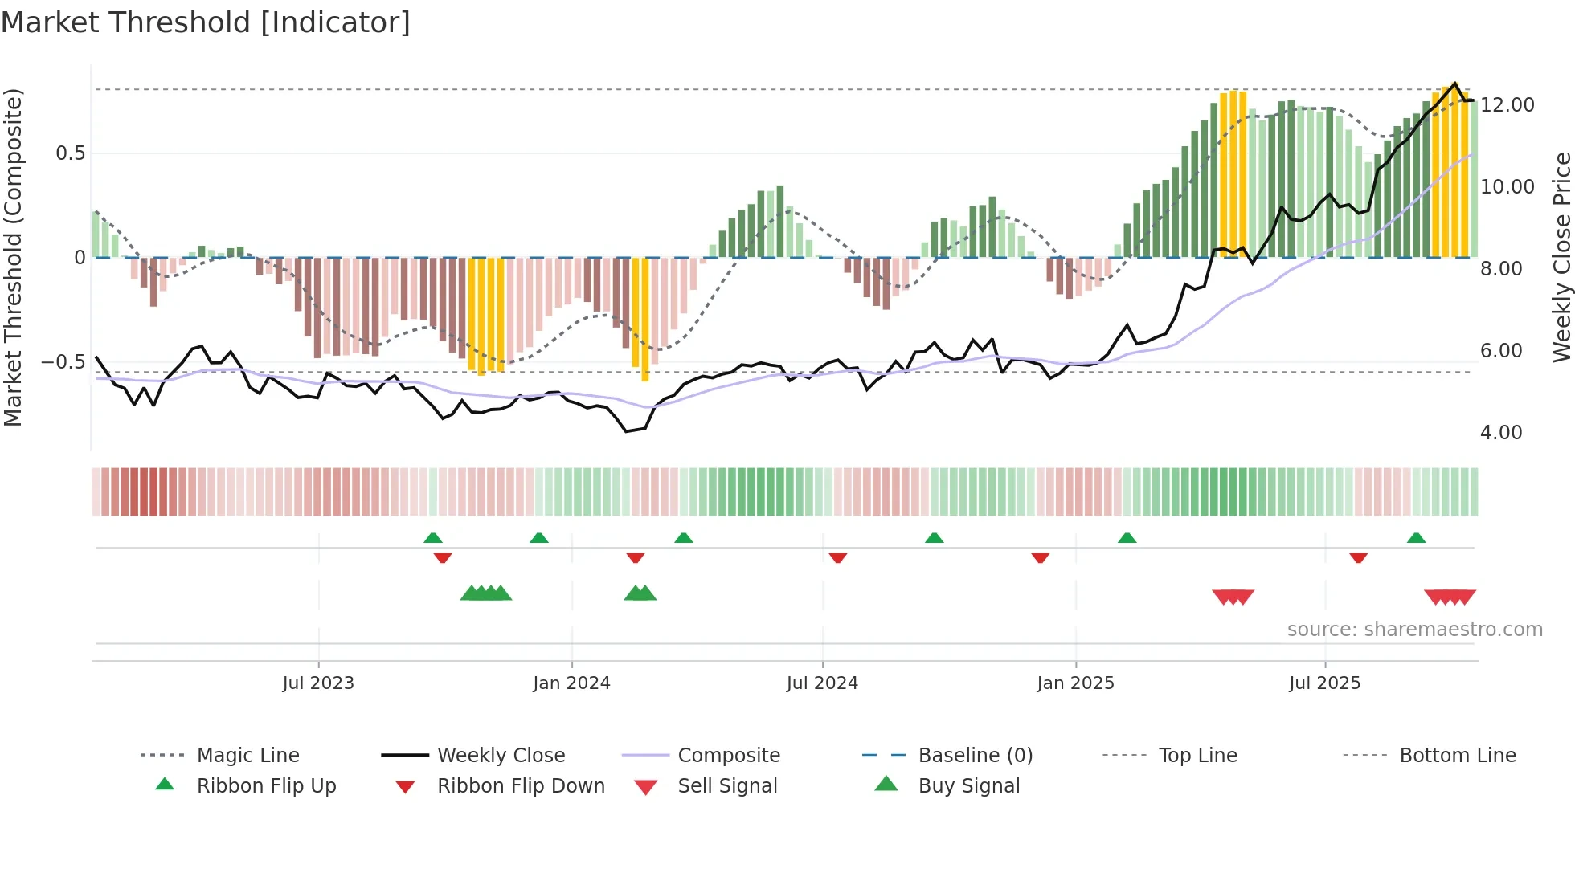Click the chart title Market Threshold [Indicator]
206,22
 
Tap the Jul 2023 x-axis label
318,683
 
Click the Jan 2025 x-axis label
1075,683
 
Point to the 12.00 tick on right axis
1507,105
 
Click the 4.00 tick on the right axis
1500,433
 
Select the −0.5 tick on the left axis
63,362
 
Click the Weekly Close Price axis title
1561,257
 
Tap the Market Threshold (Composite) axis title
14,257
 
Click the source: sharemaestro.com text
1414,629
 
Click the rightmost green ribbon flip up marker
1416,538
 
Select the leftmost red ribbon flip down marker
442,557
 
